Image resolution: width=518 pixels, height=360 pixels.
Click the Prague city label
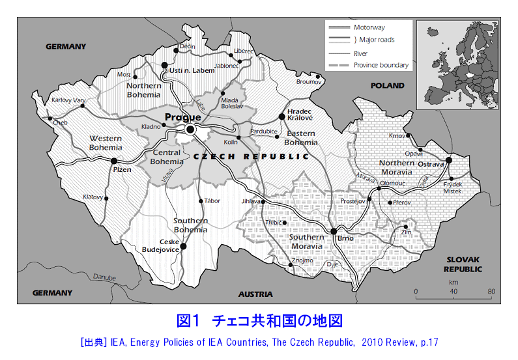[x=182, y=117]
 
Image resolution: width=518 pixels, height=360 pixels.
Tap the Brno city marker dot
[x=333, y=231]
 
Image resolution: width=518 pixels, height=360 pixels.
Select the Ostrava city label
[x=431, y=164]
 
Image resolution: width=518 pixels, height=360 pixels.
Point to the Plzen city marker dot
[x=114, y=161]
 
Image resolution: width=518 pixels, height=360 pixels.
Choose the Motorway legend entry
[x=369, y=27]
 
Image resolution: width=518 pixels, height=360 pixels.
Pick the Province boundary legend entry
[x=381, y=65]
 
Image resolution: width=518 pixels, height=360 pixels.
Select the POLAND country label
[x=387, y=85]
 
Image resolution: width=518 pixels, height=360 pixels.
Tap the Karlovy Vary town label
[x=68, y=100]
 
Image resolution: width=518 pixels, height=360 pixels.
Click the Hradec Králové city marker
[x=282, y=116]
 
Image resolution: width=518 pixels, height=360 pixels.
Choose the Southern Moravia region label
[x=306, y=242]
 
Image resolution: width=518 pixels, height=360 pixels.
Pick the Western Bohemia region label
[x=106, y=143]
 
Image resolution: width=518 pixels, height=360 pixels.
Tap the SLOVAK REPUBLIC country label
[x=463, y=264]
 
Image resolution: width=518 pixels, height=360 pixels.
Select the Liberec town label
[x=244, y=51]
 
